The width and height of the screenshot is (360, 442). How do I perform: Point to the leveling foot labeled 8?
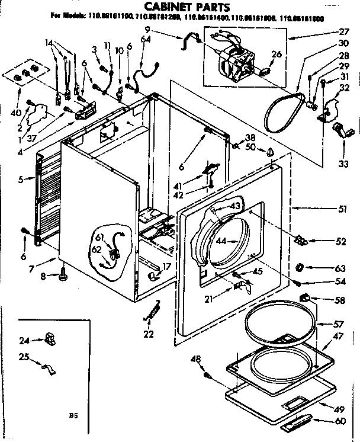[63, 274]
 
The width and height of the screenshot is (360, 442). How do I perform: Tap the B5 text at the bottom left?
[73, 415]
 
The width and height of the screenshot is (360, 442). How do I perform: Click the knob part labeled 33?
[342, 130]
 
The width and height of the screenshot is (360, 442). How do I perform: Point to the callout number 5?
[21, 178]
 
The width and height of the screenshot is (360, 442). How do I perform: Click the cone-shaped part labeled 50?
[271, 152]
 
